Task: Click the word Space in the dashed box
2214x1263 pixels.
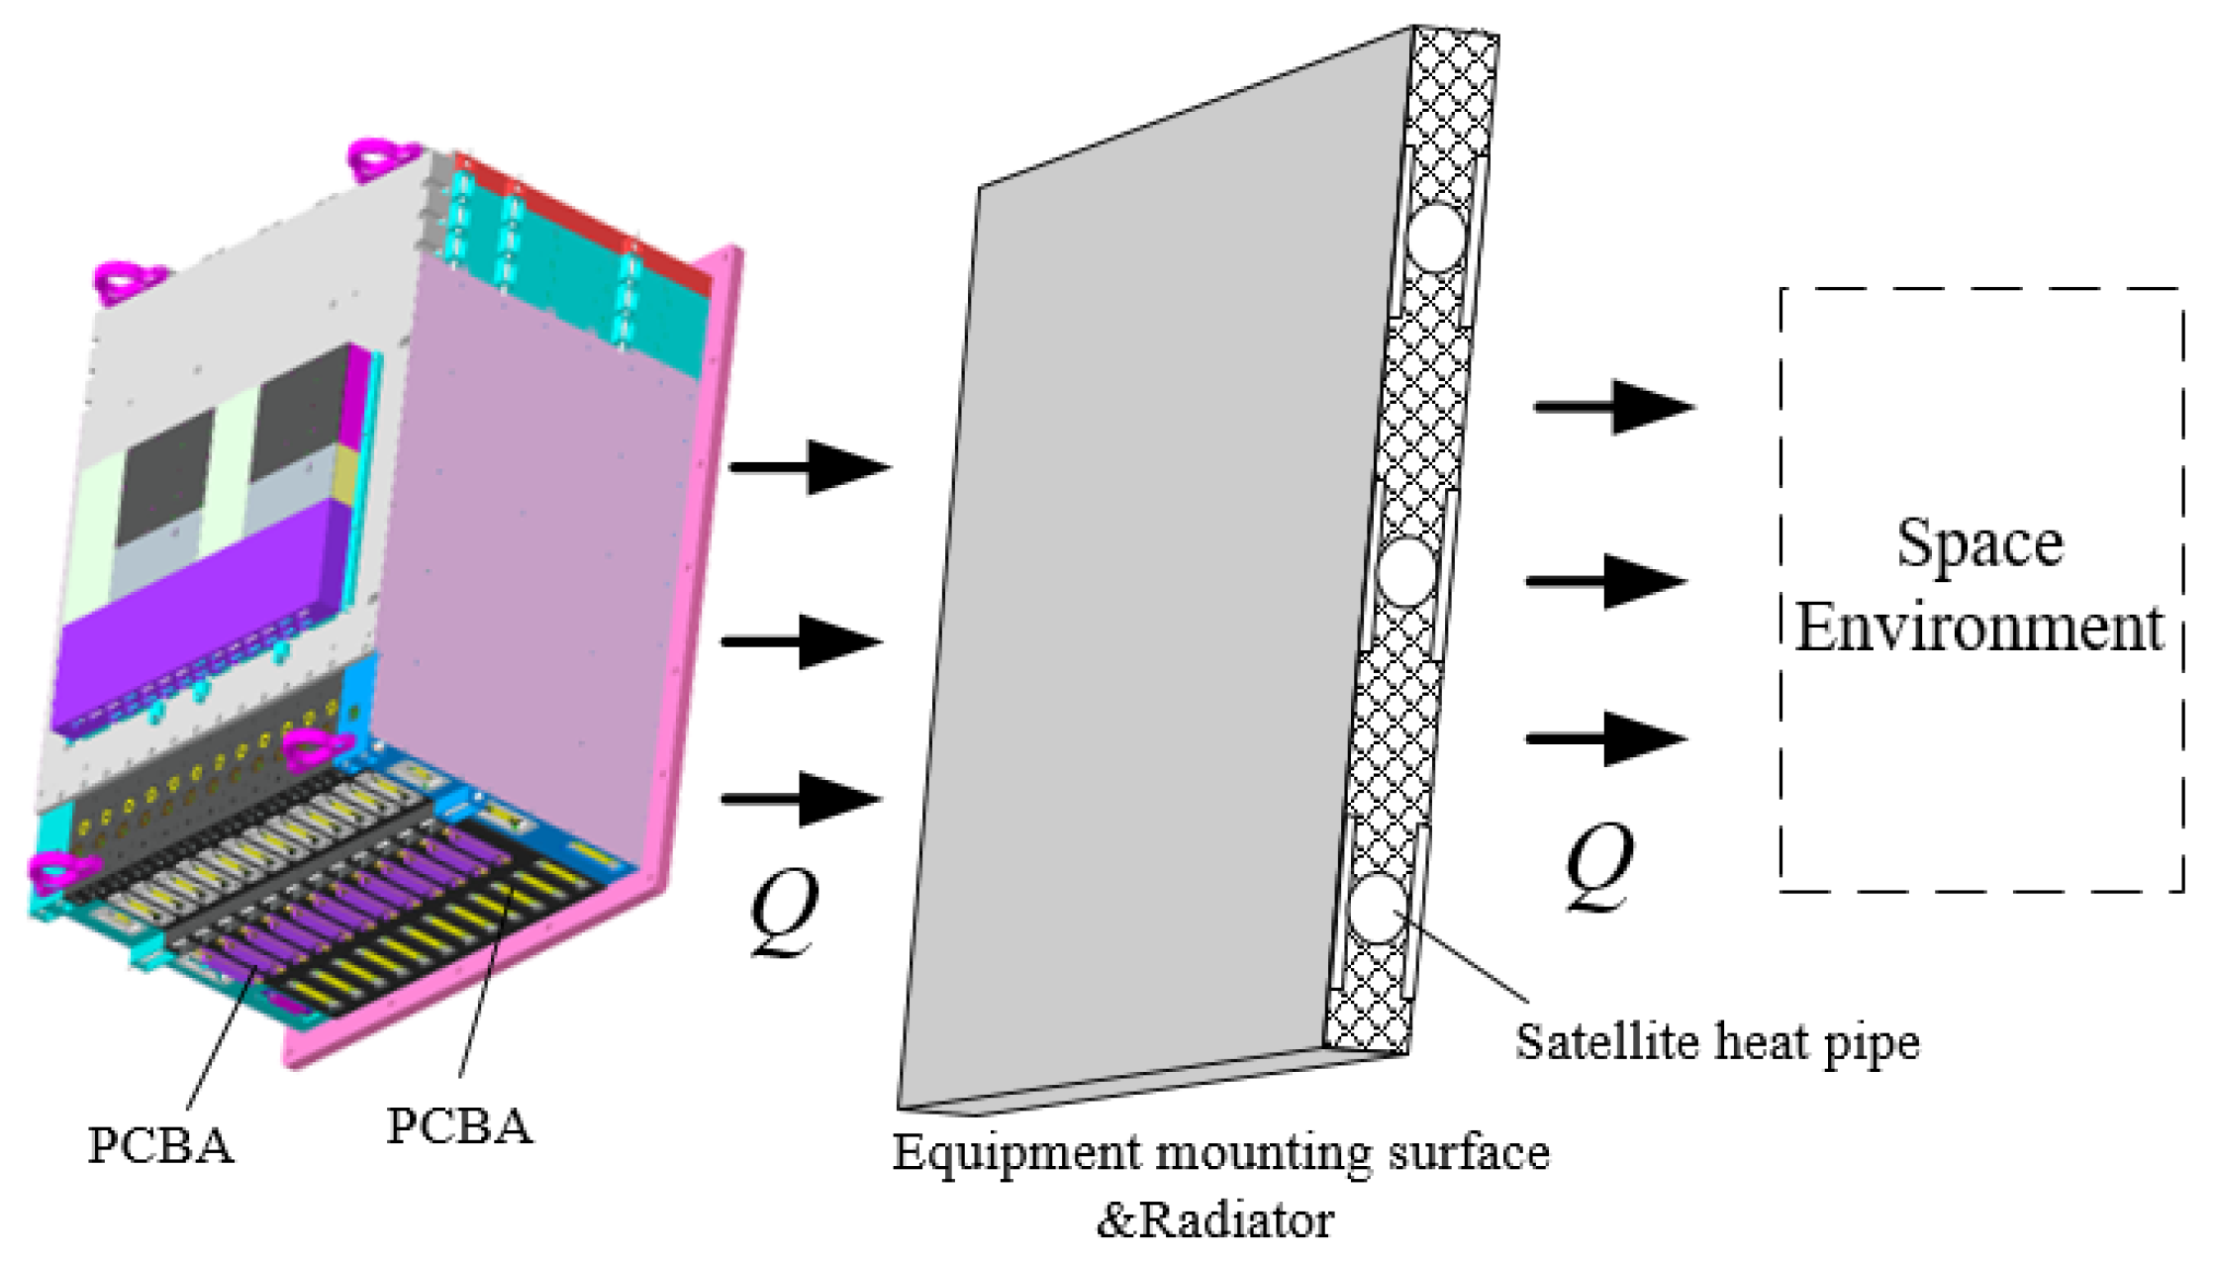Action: click(x=1979, y=544)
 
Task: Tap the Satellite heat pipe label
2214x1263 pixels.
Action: click(x=1717, y=1041)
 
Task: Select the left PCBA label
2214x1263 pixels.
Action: click(x=160, y=1146)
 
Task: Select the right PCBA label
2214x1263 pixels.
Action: click(x=459, y=1126)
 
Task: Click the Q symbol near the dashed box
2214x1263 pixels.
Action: click(x=1598, y=867)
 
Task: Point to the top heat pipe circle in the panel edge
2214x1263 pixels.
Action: click(x=1436, y=238)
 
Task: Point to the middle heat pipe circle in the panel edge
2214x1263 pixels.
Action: click(x=1406, y=572)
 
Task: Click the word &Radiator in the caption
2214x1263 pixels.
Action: click(x=1215, y=1219)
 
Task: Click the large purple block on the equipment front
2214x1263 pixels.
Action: click(x=198, y=624)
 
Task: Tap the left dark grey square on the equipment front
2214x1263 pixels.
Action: click(x=166, y=477)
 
